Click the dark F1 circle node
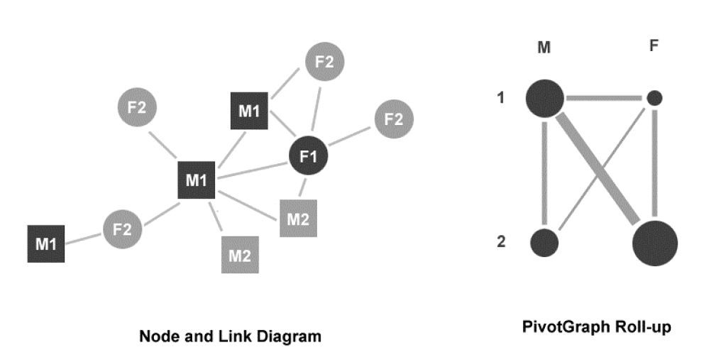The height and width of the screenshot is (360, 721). pos(308,156)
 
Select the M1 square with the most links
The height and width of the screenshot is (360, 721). pos(195,180)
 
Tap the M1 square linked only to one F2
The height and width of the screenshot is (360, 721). pos(46,243)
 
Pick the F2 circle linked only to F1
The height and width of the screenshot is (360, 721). pos(393,119)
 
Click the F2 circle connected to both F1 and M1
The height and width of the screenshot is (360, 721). pos(324,62)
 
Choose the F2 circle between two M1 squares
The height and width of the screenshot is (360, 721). pos(122,229)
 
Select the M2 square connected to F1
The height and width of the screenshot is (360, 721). pos(298,218)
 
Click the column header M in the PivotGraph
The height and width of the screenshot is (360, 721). pos(543,48)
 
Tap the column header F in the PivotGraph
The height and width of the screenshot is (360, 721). pos(654,46)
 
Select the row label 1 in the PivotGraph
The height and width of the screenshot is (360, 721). pos(500,98)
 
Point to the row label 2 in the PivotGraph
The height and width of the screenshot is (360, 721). pos(500,242)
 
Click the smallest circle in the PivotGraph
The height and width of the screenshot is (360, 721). pos(654,98)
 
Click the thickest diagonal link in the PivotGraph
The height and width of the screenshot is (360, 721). pos(600,170)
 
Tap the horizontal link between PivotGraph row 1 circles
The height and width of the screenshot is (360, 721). pos(604,99)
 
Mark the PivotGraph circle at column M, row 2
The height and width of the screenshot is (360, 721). pos(545,242)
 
